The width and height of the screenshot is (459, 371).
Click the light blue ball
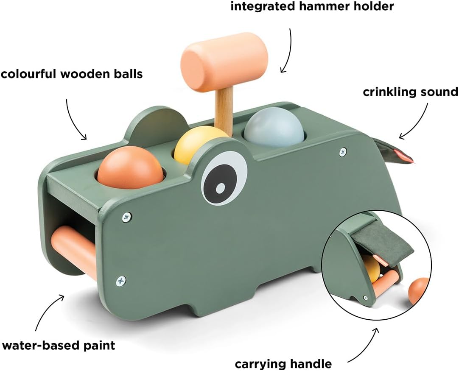[x=274, y=127]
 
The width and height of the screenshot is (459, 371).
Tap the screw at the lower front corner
[x=121, y=280]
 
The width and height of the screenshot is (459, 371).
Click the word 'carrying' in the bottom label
[x=262, y=363]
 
